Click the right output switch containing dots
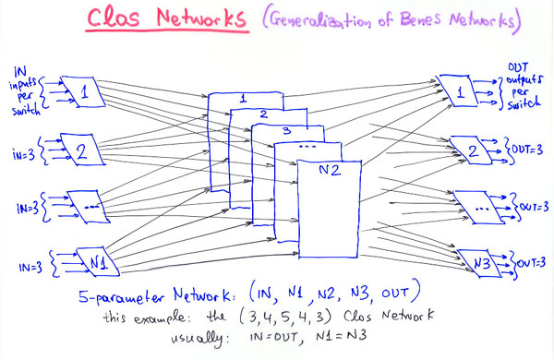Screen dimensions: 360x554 tap(476, 210)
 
